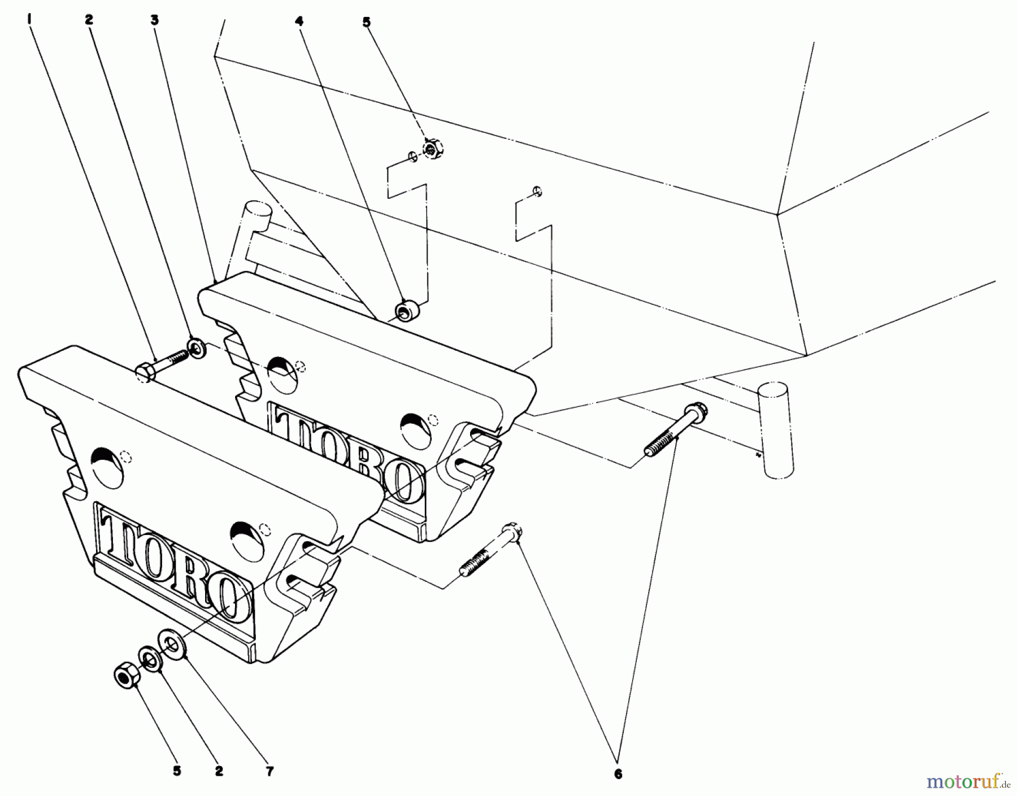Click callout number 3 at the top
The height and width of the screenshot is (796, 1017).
tap(154, 20)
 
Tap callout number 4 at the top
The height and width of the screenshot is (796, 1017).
tap(298, 21)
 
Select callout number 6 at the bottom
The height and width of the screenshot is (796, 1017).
tap(618, 775)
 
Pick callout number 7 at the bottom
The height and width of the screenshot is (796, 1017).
tap(270, 771)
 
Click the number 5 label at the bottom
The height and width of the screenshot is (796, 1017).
tap(177, 771)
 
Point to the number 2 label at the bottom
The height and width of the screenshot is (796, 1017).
tap(219, 771)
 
